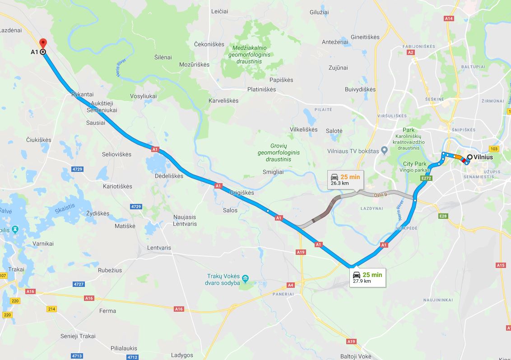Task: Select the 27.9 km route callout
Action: tap(367, 277)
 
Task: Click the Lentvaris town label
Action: tap(159, 248)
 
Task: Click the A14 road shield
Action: tap(448, 18)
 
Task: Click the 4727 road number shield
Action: tap(79, 284)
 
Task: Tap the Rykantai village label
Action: tap(82, 94)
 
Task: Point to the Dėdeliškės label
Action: tap(169, 176)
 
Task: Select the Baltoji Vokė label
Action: tap(356, 356)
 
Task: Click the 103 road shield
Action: tap(494, 149)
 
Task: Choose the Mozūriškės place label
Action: tap(194, 65)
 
